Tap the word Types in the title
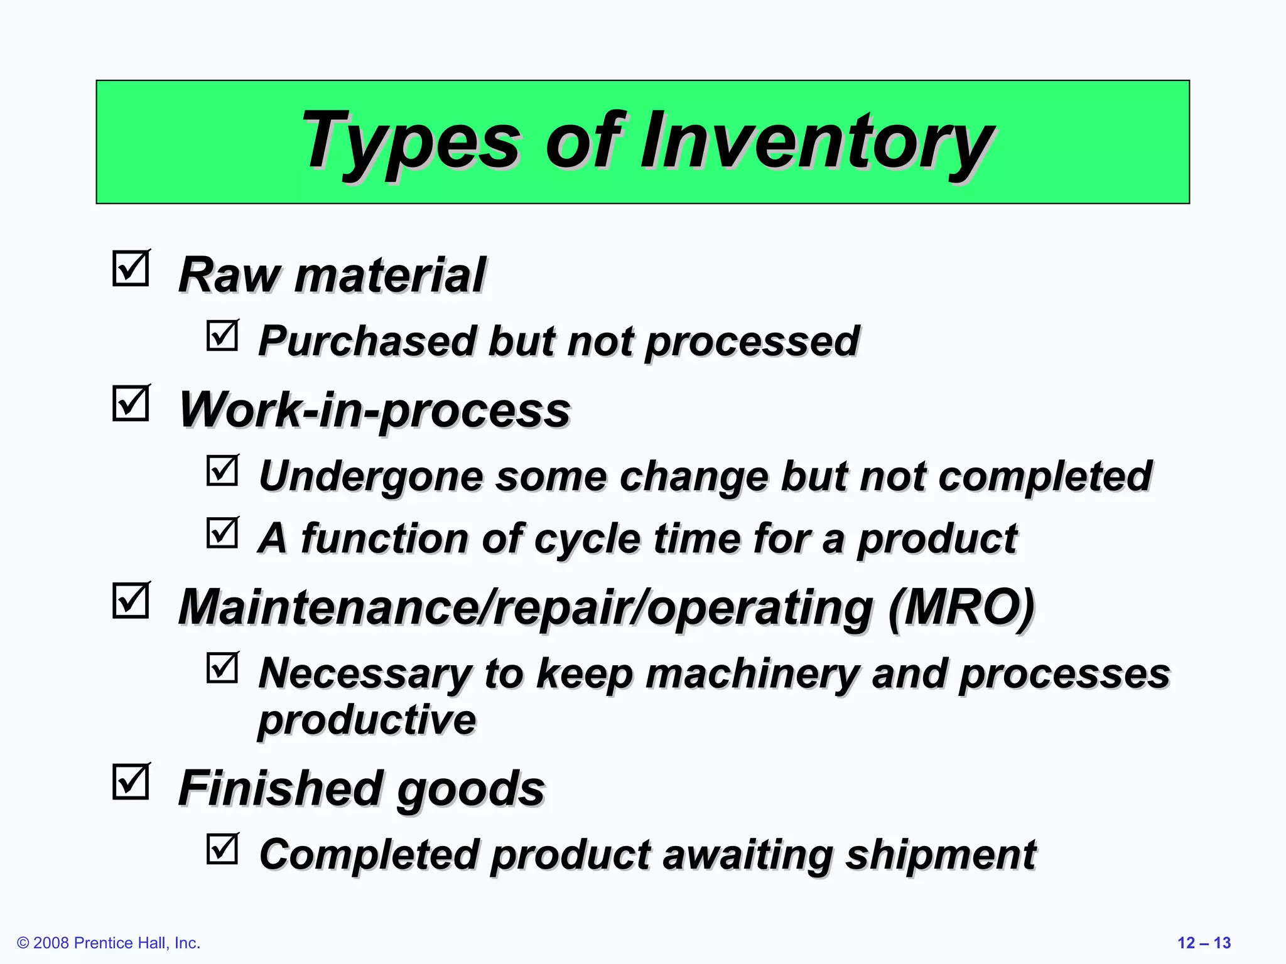(411, 141)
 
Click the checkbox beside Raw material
(131, 269)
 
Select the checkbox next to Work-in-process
(131, 403)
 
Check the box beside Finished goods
(131, 782)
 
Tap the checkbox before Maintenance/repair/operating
(131, 601)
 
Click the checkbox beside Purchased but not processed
(222, 336)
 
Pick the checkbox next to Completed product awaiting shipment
(222, 849)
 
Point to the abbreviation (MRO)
(961, 607)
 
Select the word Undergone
(371, 476)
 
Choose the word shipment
(941, 854)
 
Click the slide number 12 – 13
(1204, 943)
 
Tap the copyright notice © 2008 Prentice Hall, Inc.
(109, 943)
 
